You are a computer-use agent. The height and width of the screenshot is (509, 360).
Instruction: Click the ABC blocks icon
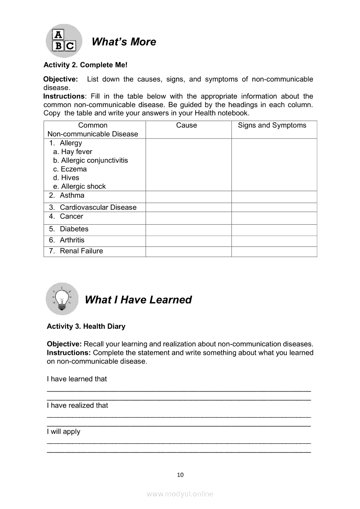(x=64, y=41)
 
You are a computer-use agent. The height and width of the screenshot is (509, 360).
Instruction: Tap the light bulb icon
(x=62, y=299)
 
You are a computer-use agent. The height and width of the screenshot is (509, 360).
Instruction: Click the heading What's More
(x=124, y=42)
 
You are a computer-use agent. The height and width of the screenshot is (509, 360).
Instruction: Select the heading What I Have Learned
(x=138, y=300)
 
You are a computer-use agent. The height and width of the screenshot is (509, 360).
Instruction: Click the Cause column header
(x=187, y=125)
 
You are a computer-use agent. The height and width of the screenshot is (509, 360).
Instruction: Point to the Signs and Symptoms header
(x=272, y=125)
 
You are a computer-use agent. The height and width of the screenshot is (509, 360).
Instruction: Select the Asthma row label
(x=72, y=196)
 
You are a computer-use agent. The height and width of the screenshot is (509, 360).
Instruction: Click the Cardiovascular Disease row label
(x=98, y=207)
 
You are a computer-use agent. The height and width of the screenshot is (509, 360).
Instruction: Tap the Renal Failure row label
(x=81, y=251)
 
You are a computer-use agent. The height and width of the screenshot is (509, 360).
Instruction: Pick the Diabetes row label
(x=74, y=229)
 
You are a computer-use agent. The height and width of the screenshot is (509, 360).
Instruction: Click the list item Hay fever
(x=76, y=152)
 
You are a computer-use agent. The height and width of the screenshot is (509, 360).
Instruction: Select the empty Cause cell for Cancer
(x=188, y=217)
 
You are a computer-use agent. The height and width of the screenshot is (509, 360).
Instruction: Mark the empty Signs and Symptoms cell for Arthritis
(x=274, y=241)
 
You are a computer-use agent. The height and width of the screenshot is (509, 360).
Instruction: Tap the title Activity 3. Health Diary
(x=86, y=326)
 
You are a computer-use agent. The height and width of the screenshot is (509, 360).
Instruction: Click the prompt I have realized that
(x=78, y=405)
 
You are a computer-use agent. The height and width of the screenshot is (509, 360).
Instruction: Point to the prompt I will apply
(x=64, y=431)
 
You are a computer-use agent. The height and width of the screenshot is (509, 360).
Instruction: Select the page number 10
(x=180, y=475)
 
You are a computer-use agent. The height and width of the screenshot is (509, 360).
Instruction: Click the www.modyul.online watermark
(x=180, y=494)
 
